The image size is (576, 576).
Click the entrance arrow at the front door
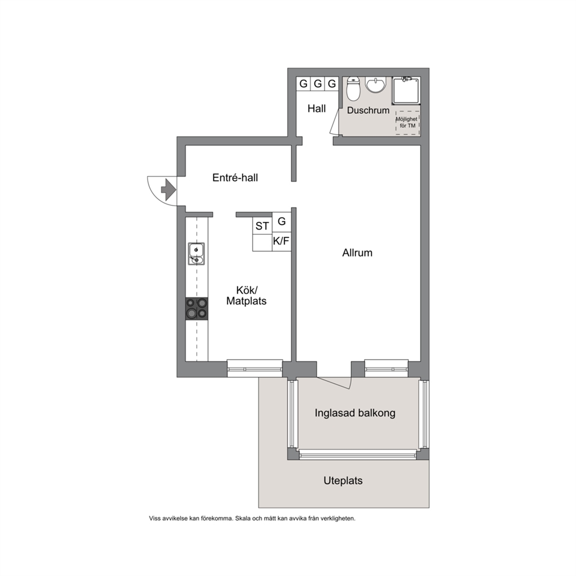(168, 189)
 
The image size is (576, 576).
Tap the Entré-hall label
(235, 178)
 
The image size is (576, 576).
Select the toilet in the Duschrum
(354, 89)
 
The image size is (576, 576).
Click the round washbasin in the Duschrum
(375, 85)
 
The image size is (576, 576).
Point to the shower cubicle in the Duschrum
(406, 91)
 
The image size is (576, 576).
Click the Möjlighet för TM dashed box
(408, 123)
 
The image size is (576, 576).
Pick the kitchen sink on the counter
(196, 254)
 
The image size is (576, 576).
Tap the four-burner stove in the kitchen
(196, 308)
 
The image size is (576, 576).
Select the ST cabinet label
(262, 226)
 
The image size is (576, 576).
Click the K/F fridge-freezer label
(282, 242)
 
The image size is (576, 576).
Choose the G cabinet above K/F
(282, 221)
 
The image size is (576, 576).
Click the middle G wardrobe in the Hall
(318, 84)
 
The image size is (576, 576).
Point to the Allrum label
(358, 253)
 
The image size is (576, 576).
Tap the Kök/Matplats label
(247, 296)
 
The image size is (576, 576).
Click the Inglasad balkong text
(355, 413)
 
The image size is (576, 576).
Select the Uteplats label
(343, 481)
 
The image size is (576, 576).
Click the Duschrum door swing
(334, 123)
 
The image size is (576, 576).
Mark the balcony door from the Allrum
(335, 383)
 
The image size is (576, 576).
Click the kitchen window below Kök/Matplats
(255, 369)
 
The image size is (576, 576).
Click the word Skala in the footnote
(243, 519)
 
